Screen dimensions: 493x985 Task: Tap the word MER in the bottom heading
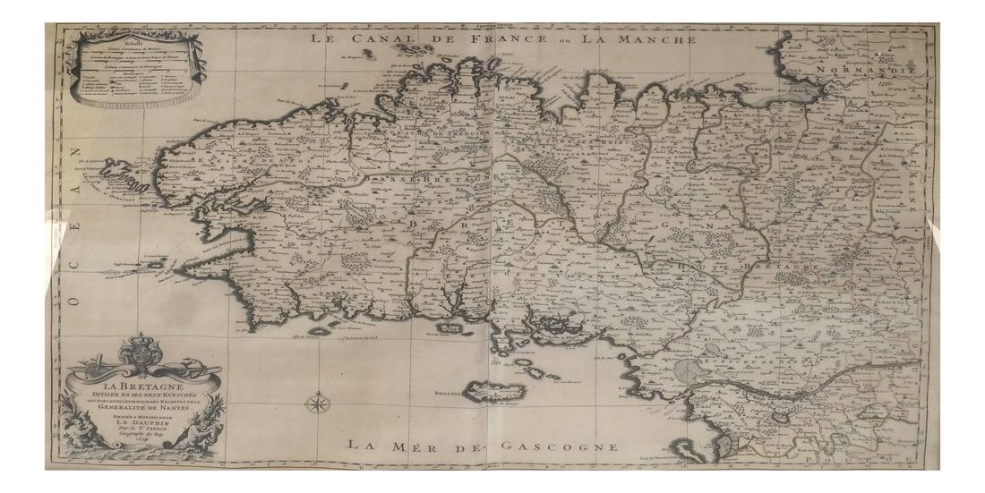[421, 445]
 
